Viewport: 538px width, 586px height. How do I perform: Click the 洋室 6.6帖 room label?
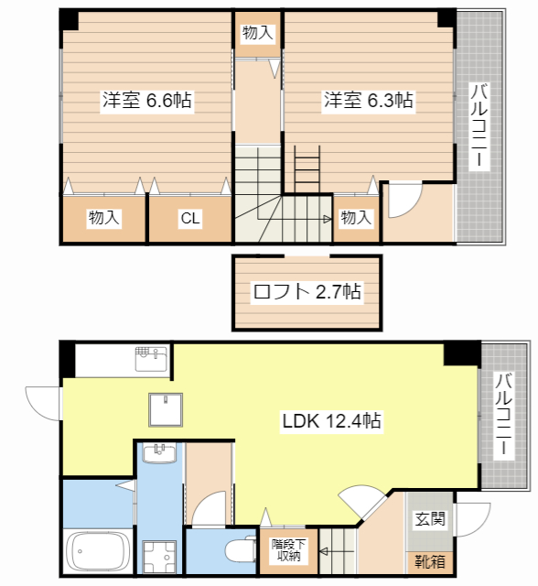point(147,100)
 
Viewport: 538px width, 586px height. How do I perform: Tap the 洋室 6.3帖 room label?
point(368,100)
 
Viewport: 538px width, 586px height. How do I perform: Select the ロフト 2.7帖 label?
point(307,291)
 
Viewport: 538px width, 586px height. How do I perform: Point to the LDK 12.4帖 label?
point(331,421)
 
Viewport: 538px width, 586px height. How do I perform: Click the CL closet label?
point(190,218)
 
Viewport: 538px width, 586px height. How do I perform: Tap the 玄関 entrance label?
point(430,519)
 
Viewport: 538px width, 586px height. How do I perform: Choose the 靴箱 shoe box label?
point(430,561)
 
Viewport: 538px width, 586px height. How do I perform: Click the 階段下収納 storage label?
point(288,549)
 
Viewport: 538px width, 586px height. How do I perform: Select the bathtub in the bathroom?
point(97,551)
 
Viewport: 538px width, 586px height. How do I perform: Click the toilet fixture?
point(241,549)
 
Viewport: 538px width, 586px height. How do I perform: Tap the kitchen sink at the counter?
point(151,359)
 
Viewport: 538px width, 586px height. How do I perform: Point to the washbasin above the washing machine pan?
point(160,453)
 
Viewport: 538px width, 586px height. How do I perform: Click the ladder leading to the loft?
point(307,168)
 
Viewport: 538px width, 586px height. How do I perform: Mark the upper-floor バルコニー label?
point(479,126)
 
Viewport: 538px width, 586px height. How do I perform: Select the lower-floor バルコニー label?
point(503,414)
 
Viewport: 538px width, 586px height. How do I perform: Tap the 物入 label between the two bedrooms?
point(258,33)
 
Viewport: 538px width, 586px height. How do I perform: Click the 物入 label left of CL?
point(103,218)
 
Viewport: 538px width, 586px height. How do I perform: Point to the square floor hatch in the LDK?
point(166,409)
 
